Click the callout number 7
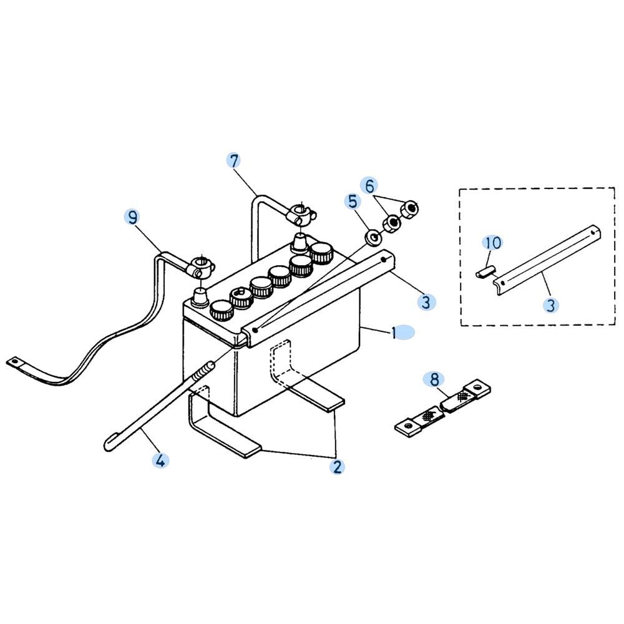pos(234,161)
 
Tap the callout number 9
pos(133,218)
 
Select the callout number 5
pos(353,202)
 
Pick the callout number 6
pos(369,185)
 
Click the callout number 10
pos(493,243)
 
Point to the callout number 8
pos(434,379)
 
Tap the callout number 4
pos(160,461)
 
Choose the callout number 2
pos(338,466)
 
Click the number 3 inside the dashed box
pos(551,305)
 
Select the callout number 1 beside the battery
pos(394,333)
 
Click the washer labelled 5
pos(374,238)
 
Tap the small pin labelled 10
pos(485,273)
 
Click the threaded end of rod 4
pos(205,371)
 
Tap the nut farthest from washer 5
pos(409,209)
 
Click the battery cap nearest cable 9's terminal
pos(221,311)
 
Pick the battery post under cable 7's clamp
pos(300,242)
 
